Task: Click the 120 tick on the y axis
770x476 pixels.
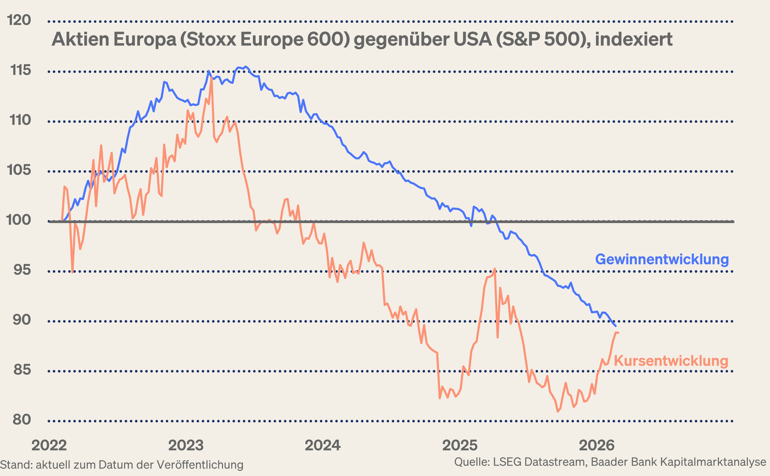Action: pyautogui.click(x=19, y=20)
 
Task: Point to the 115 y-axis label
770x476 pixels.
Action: pyautogui.click(x=20, y=70)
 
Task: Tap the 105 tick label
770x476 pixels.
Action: pyautogui.click(x=19, y=170)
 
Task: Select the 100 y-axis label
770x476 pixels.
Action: pyautogui.click(x=18, y=220)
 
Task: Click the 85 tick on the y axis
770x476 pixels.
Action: pyautogui.click(x=22, y=370)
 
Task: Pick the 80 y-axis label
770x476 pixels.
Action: pyautogui.click(x=22, y=420)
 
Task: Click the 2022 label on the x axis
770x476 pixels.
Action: pyautogui.click(x=49, y=446)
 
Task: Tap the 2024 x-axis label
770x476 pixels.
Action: pyautogui.click(x=323, y=446)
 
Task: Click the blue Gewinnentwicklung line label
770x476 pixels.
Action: pyautogui.click(x=662, y=259)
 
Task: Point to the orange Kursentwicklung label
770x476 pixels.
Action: pyautogui.click(x=671, y=361)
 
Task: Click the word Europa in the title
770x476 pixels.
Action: pyautogui.click(x=145, y=39)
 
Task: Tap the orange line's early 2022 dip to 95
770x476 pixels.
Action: pyautogui.click(x=72, y=272)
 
